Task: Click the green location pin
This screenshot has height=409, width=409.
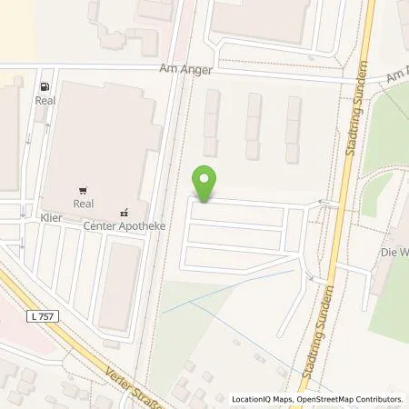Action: [x=205, y=184]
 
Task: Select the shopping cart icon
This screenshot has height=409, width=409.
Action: [x=83, y=191]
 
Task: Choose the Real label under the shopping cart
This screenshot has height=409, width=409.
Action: [x=84, y=204]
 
